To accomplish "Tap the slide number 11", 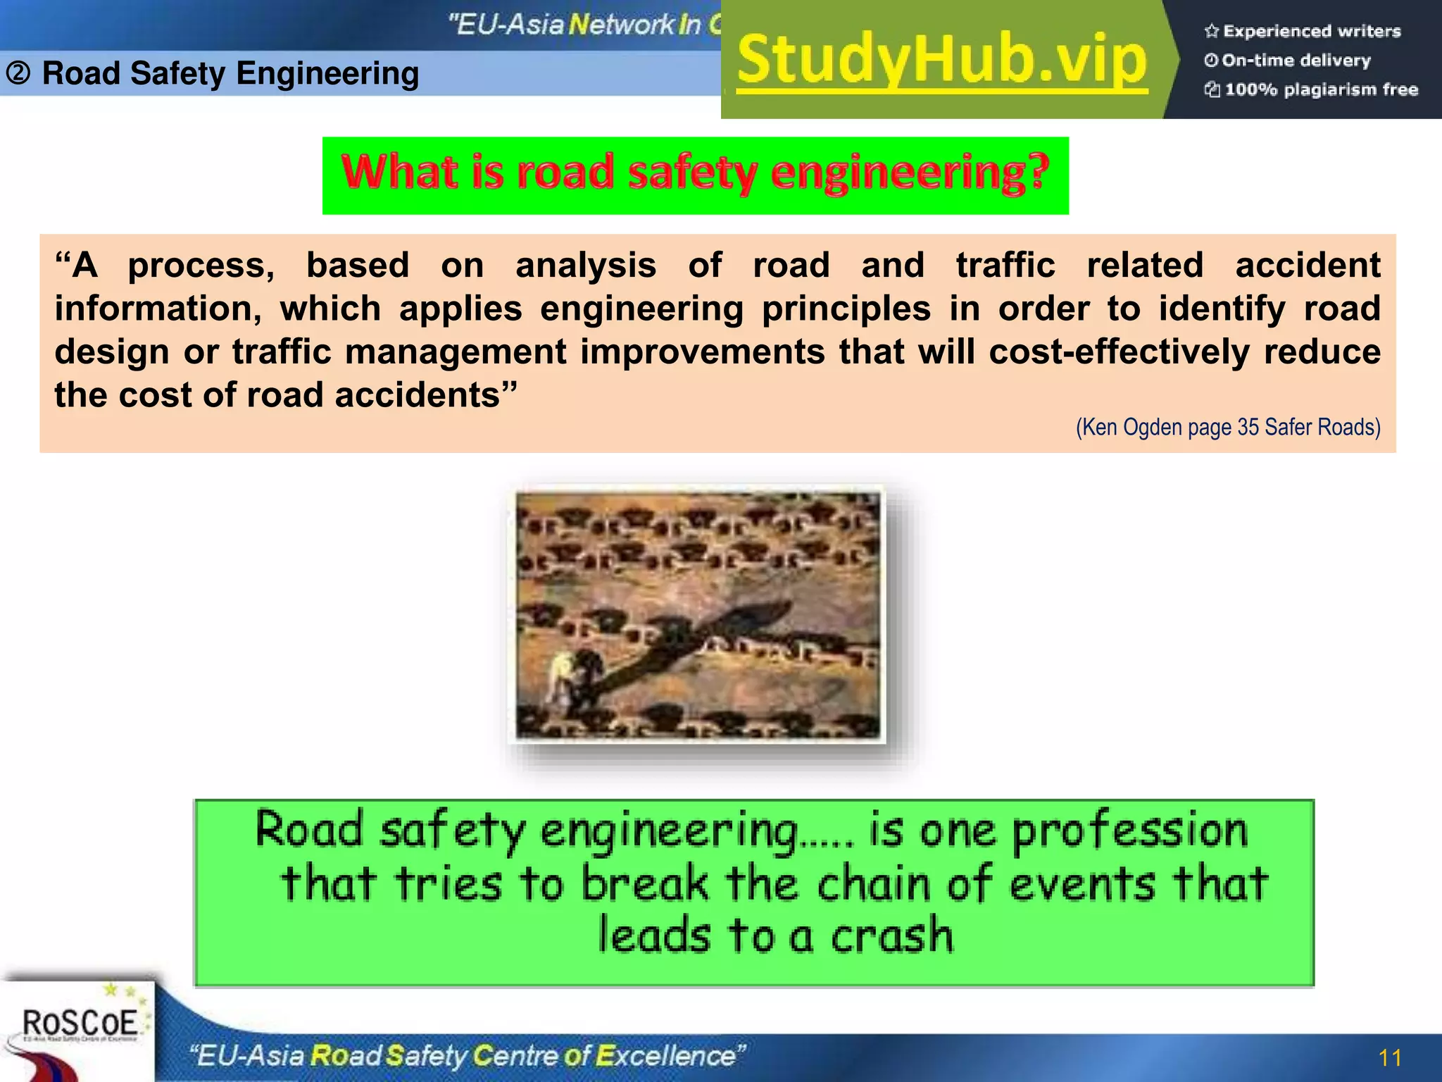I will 1390,1057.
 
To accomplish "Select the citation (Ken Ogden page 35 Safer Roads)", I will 1228,427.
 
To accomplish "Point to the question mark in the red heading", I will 1036,171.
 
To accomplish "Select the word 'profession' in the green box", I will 1129,830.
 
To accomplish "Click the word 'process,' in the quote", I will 201,266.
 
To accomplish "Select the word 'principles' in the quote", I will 846,309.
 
